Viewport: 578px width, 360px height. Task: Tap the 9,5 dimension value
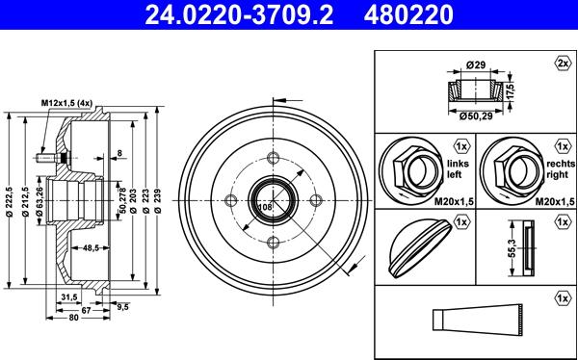point(122,308)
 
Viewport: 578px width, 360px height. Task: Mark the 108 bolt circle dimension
point(266,205)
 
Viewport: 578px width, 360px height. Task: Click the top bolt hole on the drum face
point(273,160)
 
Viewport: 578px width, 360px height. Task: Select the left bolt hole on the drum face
point(230,201)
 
